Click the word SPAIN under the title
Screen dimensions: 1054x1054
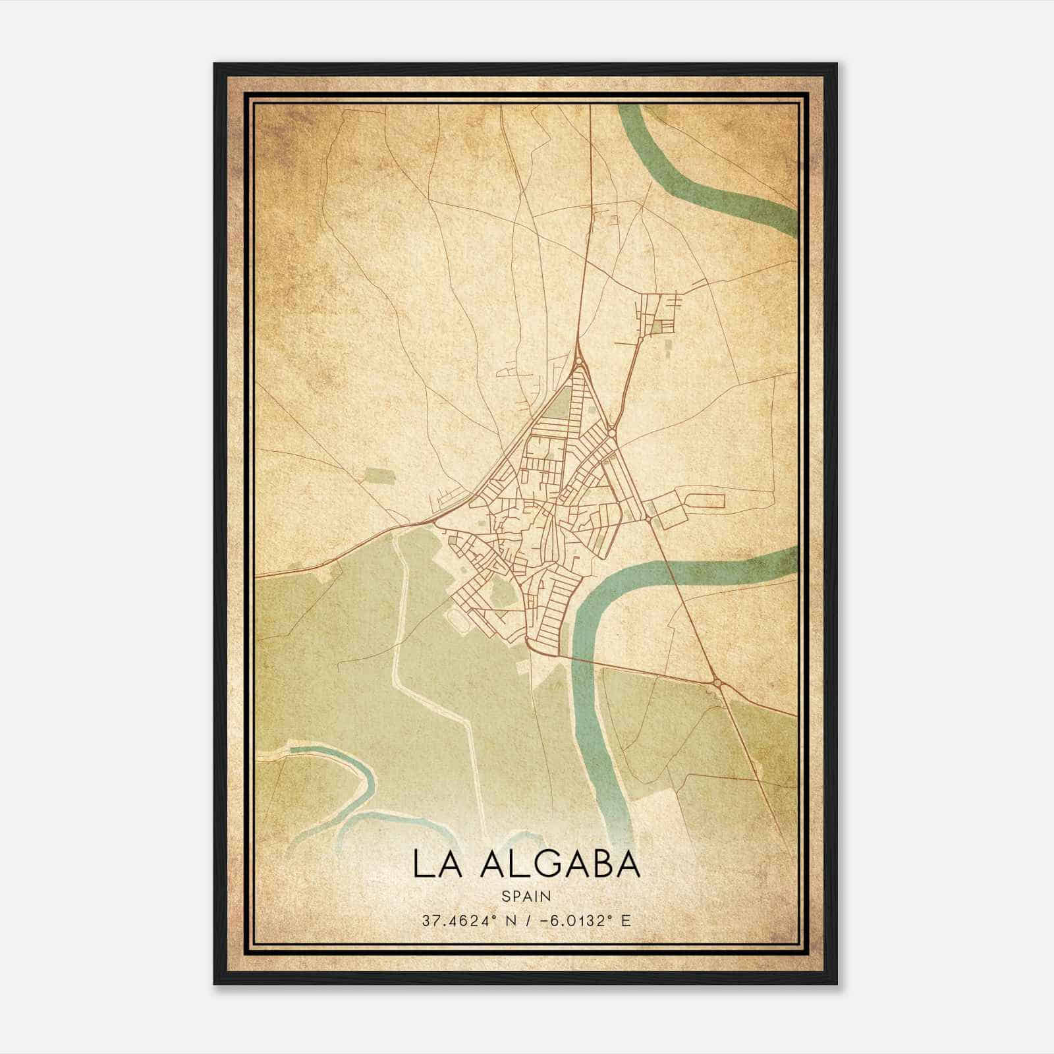pyautogui.click(x=526, y=896)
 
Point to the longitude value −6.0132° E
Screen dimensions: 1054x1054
pyautogui.click(x=586, y=920)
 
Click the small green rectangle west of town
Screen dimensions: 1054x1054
pyautogui.click(x=377, y=475)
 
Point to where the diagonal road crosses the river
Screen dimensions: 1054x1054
pyautogui.click(x=679, y=574)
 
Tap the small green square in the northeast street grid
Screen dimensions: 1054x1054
pyautogui.click(x=659, y=325)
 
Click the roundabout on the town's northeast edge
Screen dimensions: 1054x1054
pyautogui.click(x=613, y=431)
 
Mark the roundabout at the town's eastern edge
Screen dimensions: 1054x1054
pyautogui.click(x=649, y=519)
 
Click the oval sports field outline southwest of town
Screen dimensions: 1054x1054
pyautogui.click(x=455, y=618)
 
